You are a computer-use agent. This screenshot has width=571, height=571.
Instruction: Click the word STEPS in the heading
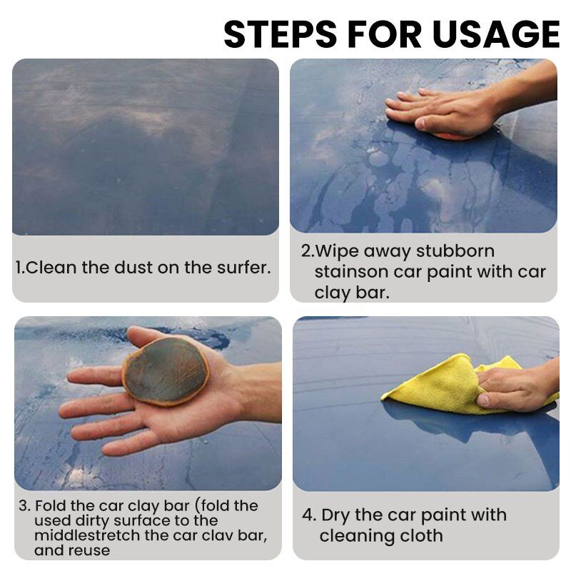click(x=280, y=34)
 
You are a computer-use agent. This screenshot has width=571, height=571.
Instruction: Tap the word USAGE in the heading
click(x=496, y=34)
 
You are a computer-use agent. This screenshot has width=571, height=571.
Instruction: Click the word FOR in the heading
click(x=384, y=34)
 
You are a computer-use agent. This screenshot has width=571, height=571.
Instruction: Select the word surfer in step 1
click(x=244, y=268)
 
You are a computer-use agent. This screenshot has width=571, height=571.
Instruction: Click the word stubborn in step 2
click(x=455, y=251)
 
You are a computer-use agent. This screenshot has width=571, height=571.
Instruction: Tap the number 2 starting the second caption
click(x=305, y=251)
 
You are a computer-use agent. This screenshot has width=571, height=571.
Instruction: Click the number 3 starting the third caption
click(x=24, y=506)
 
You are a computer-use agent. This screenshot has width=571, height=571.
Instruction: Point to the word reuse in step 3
click(x=90, y=551)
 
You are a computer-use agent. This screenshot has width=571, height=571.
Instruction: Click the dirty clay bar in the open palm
click(x=166, y=371)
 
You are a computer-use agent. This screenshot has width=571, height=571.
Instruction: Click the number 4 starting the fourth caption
click(x=307, y=515)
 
